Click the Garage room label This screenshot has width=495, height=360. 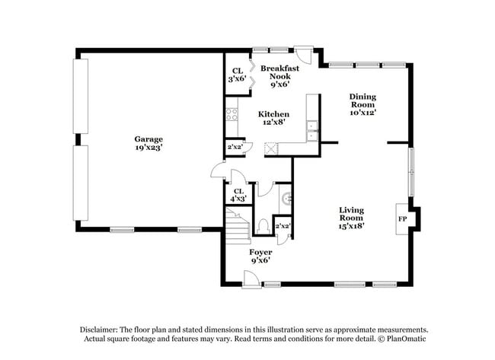pyautogui.click(x=148, y=139)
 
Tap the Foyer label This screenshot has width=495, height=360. pyautogui.click(x=260, y=251)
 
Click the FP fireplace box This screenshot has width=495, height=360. pyautogui.click(x=401, y=218)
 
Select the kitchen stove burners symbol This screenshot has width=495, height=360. pyautogui.click(x=232, y=116)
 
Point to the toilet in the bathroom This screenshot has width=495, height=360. pyautogui.click(x=262, y=226)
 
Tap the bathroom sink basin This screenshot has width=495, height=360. pyautogui.click(x=285, y=199)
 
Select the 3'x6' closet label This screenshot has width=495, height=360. pyautogui.click(x=237, y=75)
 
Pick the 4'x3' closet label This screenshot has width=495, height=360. pyautogui.click(x=238, y=196)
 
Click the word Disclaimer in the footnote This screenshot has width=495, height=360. pyautogui.click(x=104, y=328)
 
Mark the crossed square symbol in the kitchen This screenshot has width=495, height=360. pyautogui.click(x=270, y=148)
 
